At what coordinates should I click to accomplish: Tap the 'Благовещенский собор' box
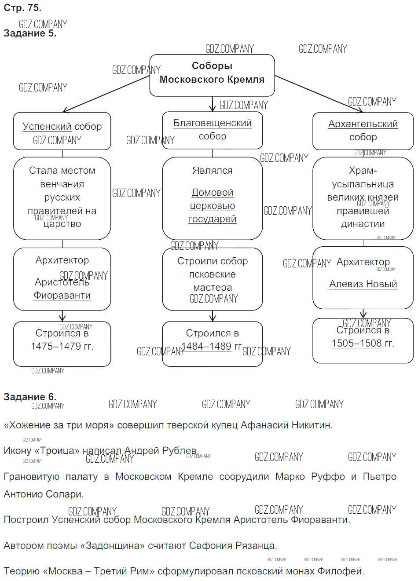(x=213, y=130)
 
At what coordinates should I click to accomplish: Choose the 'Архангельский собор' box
(x=363, y=131)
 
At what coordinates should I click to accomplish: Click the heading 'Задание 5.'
(x=30, y=33)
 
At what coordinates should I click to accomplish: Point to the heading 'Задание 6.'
(x=30, y=397)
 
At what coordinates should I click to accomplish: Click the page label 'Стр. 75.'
(x=22, y=8)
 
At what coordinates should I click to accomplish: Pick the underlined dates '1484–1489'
(x=206, y=347)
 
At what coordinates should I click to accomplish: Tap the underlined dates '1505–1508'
(x=356, y=343)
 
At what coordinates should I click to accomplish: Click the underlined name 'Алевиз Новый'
(x=363, y=284)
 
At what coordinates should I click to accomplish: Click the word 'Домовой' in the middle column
(x=213, y=193)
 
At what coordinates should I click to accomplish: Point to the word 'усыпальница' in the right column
(x=363, y=184)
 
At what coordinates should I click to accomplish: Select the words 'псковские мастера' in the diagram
(x=213, y=281)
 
